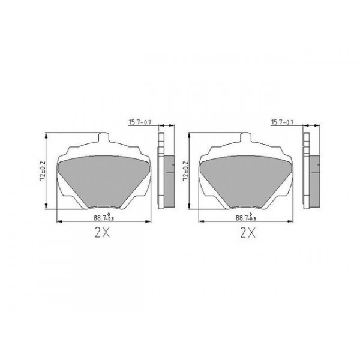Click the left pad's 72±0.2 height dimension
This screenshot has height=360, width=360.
pyautogui.click(x=43, y=171)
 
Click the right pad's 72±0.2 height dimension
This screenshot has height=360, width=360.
pyautogui.click(x=185, y=171)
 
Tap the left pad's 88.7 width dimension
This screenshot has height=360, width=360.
pyautogui.click(x=103, y=218)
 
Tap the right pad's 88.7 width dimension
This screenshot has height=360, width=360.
pyautogui.click(x=245, y=218)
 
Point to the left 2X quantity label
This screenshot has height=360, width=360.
pyautogui.click(x=103, y=233)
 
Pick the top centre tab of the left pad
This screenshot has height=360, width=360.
pyautogui.click(x=103, y=139)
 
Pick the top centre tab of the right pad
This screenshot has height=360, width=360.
pyautogui.click(x=245, y=139)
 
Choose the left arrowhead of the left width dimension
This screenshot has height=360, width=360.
pyautogui.click(x=58, y=223)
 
